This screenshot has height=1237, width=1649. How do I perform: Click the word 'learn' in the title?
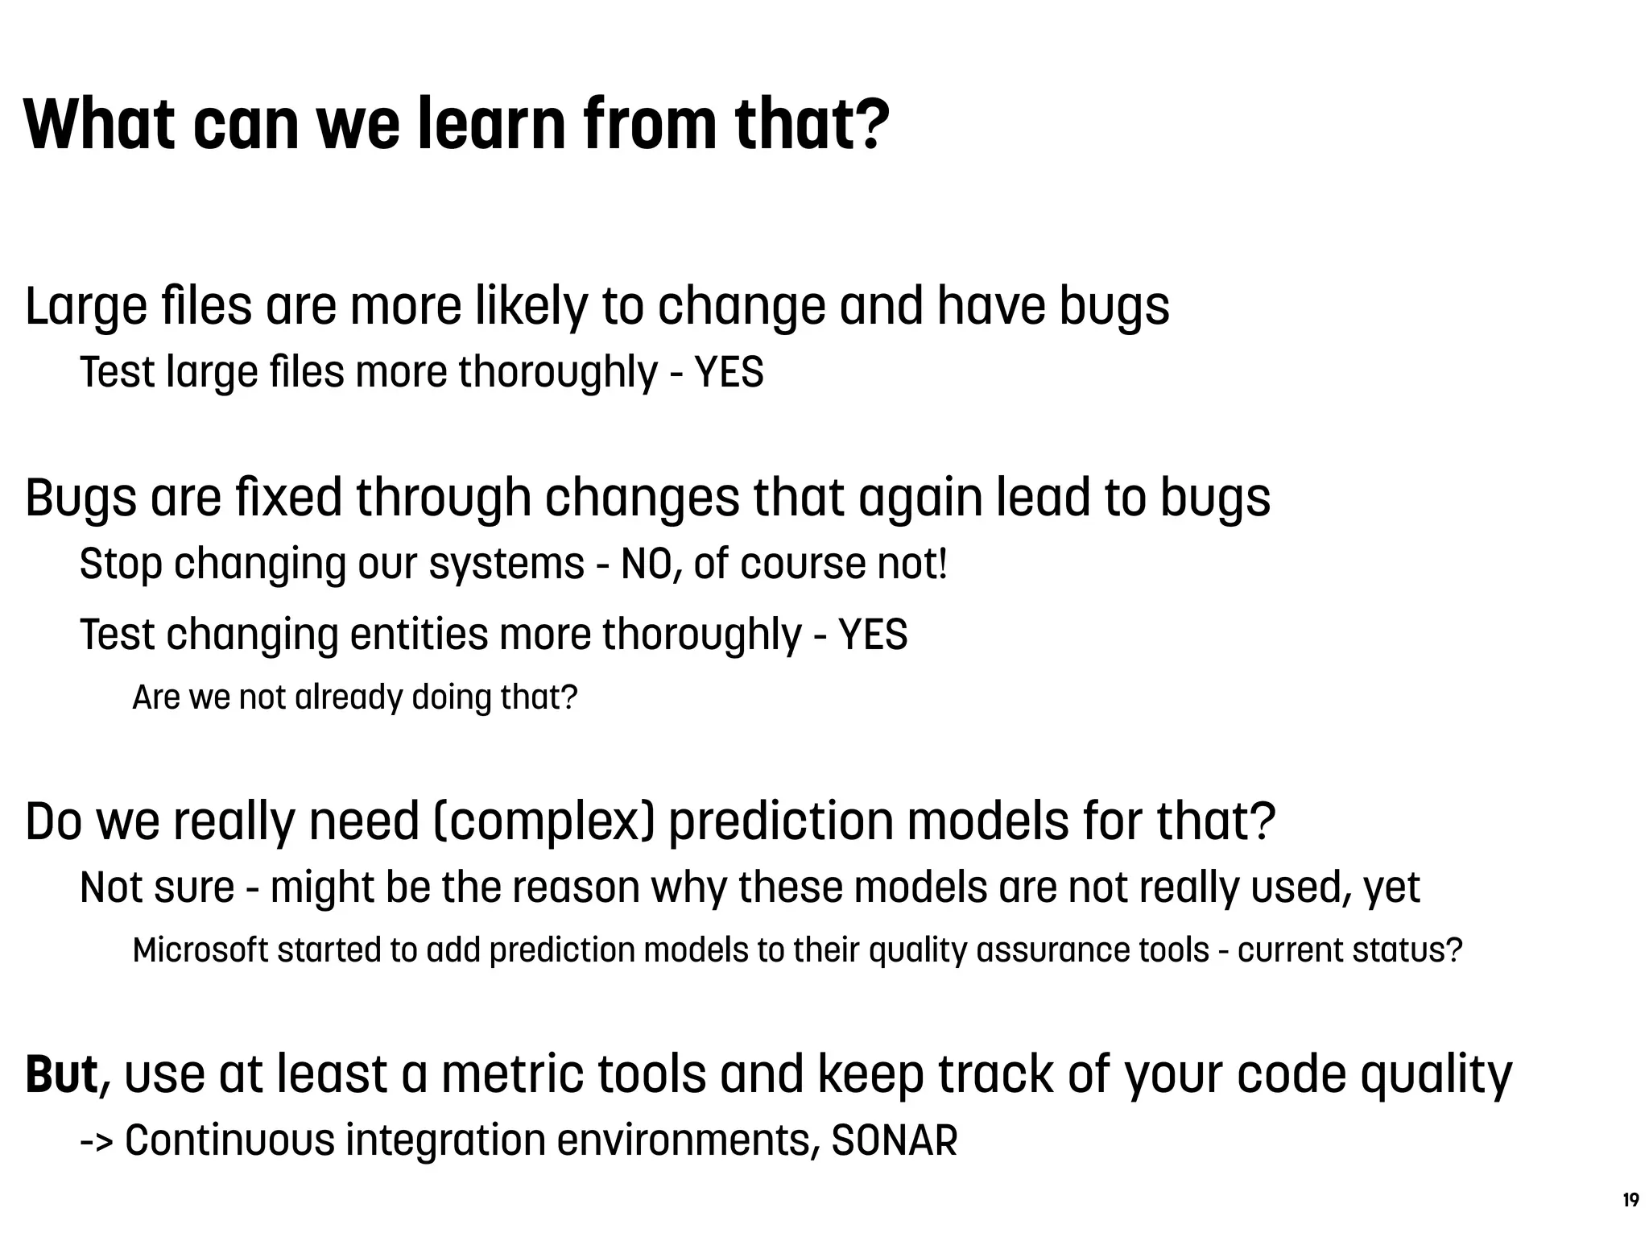pos(491,125)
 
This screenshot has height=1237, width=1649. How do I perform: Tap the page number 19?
pos(1630,1200)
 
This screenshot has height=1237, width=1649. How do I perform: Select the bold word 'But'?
pos(61,1074)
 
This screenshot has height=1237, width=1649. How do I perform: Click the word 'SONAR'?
pos(894,1140)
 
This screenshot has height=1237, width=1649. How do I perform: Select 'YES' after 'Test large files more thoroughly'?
pos(729,373)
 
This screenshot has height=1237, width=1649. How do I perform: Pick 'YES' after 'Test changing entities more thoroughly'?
pos(873,635)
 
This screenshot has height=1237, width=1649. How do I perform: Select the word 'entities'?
pos(419,635)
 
